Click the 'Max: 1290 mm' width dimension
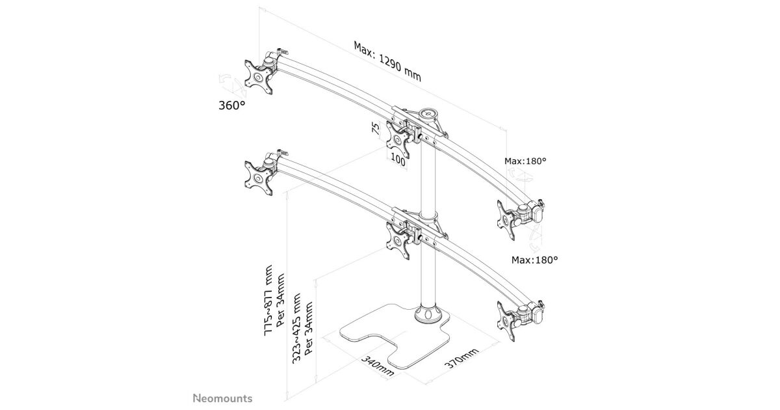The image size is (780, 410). click(387, 62)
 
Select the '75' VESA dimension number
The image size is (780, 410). click(376, 128)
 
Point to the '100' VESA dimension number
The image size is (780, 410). click(398, 160)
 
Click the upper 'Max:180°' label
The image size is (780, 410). click(525, 160)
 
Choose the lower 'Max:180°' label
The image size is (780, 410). click(534, 260)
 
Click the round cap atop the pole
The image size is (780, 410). click(429, 113)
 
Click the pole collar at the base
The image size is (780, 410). click(428, 315)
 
